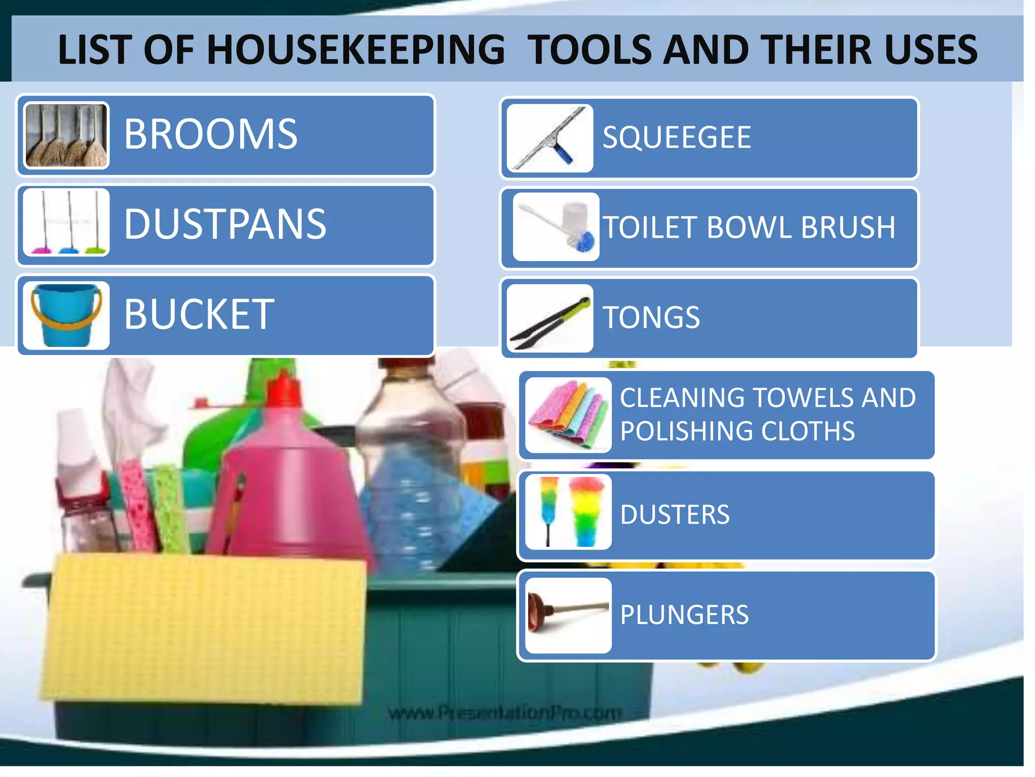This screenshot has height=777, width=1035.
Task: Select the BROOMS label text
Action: click(x=211, y=134)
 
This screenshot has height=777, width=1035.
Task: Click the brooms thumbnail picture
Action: click(x=66, y=135)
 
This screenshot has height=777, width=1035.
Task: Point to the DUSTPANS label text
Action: click(x=225, y=224)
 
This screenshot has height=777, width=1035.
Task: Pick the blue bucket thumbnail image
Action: click(x=66, y=315)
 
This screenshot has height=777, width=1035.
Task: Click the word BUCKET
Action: click(x=199, y=314)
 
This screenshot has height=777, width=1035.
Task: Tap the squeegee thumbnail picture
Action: click(x=550, y=138)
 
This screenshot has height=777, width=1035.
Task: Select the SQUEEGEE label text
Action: click(x=677, y=137)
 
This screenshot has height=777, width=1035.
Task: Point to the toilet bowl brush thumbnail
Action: click(x=556, y=227)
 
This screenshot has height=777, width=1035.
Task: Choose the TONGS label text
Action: click(x=651, y=317)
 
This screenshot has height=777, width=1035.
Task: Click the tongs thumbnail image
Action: click(x=550, y=318)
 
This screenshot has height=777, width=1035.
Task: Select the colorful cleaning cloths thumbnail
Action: click(x=568, y=415)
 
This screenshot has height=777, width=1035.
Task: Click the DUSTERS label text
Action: click(x=675, y=514)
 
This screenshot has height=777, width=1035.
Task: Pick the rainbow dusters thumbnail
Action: click(x=568, y=512)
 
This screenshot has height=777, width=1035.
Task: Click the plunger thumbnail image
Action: click(x=568, y=615)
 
